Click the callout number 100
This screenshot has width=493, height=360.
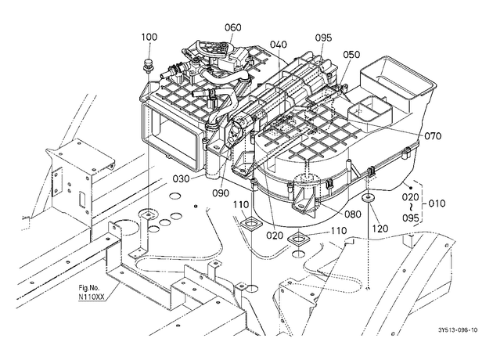click(149, 37)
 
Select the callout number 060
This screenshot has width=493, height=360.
click(233, 27)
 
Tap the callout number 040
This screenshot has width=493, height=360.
click(279, 45)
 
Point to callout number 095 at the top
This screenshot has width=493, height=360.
click(323, 38)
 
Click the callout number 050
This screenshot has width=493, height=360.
click(351, 55)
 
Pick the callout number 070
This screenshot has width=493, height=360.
click(433, 136)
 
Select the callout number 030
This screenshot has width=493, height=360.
click(182, 179)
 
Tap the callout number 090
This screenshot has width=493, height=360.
click(221, 193)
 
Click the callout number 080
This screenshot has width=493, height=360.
click(353, 214)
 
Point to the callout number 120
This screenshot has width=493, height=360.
click(380, 229)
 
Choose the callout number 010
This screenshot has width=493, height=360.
click(437, 203)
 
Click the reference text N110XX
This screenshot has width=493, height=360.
click(92, 296)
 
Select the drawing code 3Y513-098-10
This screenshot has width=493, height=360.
click(458, 329)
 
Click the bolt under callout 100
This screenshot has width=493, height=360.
click(146, 66)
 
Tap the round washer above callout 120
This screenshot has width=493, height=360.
click(367, 198)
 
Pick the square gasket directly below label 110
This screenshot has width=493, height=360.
click(251, 224)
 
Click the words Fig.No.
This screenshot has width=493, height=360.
click(89, 288)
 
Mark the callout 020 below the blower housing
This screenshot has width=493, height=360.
click(275, 236)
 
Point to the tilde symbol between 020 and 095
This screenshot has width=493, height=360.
click(411, 207)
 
